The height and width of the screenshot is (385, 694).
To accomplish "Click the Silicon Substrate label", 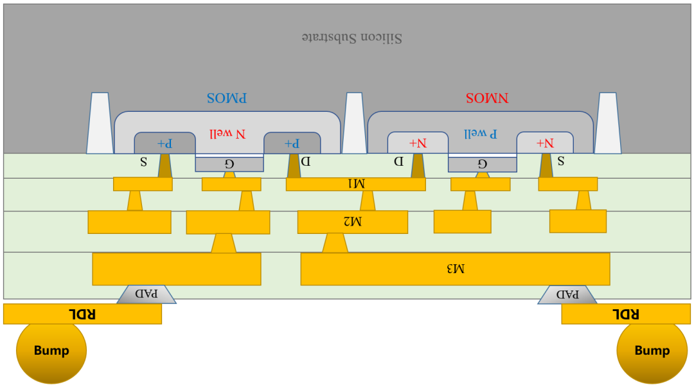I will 352,38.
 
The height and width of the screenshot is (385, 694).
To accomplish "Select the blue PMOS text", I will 227,98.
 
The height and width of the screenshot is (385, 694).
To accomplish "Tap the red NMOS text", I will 486,98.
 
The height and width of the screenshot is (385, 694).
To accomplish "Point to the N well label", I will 229,134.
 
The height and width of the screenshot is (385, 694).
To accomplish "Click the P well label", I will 481,134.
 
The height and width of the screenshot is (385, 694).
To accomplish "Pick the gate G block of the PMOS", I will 229,164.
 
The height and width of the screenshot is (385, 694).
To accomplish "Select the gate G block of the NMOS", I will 482,164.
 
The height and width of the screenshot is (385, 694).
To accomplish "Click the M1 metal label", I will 355,184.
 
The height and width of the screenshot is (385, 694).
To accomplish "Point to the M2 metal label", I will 352,222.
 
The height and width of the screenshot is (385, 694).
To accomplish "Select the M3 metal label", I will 454,269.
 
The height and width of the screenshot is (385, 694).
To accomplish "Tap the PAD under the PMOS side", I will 147,294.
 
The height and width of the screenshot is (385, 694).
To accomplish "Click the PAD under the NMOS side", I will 567,294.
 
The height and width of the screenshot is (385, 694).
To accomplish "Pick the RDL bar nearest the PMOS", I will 82,314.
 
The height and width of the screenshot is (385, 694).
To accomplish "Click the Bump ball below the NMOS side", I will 652,351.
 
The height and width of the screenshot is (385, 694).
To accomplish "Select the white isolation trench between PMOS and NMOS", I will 354,123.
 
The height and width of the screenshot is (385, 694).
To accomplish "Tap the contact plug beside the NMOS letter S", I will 546,166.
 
